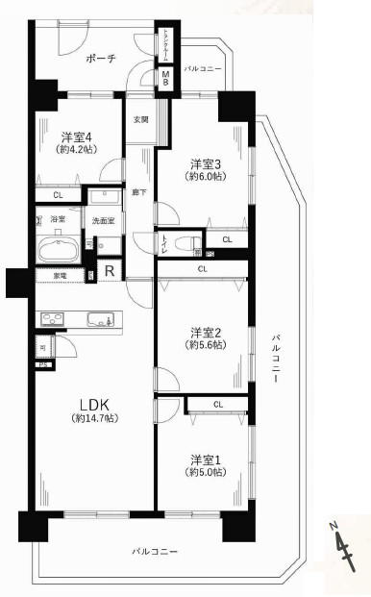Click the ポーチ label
click(x=101, y=59)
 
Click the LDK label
click(x=93, y=405)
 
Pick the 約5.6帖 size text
click(x=206, y=344)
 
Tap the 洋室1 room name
click(x=206, y=458)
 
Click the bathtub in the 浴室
click(x=59, y=250)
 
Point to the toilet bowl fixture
click(x=182, y=239)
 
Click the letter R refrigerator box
click(x=110, y=270)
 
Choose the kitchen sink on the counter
click(x=99, y=319)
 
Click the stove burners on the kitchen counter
click(x=51, y=319)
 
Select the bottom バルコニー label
click(x=156, y=551)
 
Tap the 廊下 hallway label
click(x=138, y=192)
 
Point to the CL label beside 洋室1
click(x=217, y=405)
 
